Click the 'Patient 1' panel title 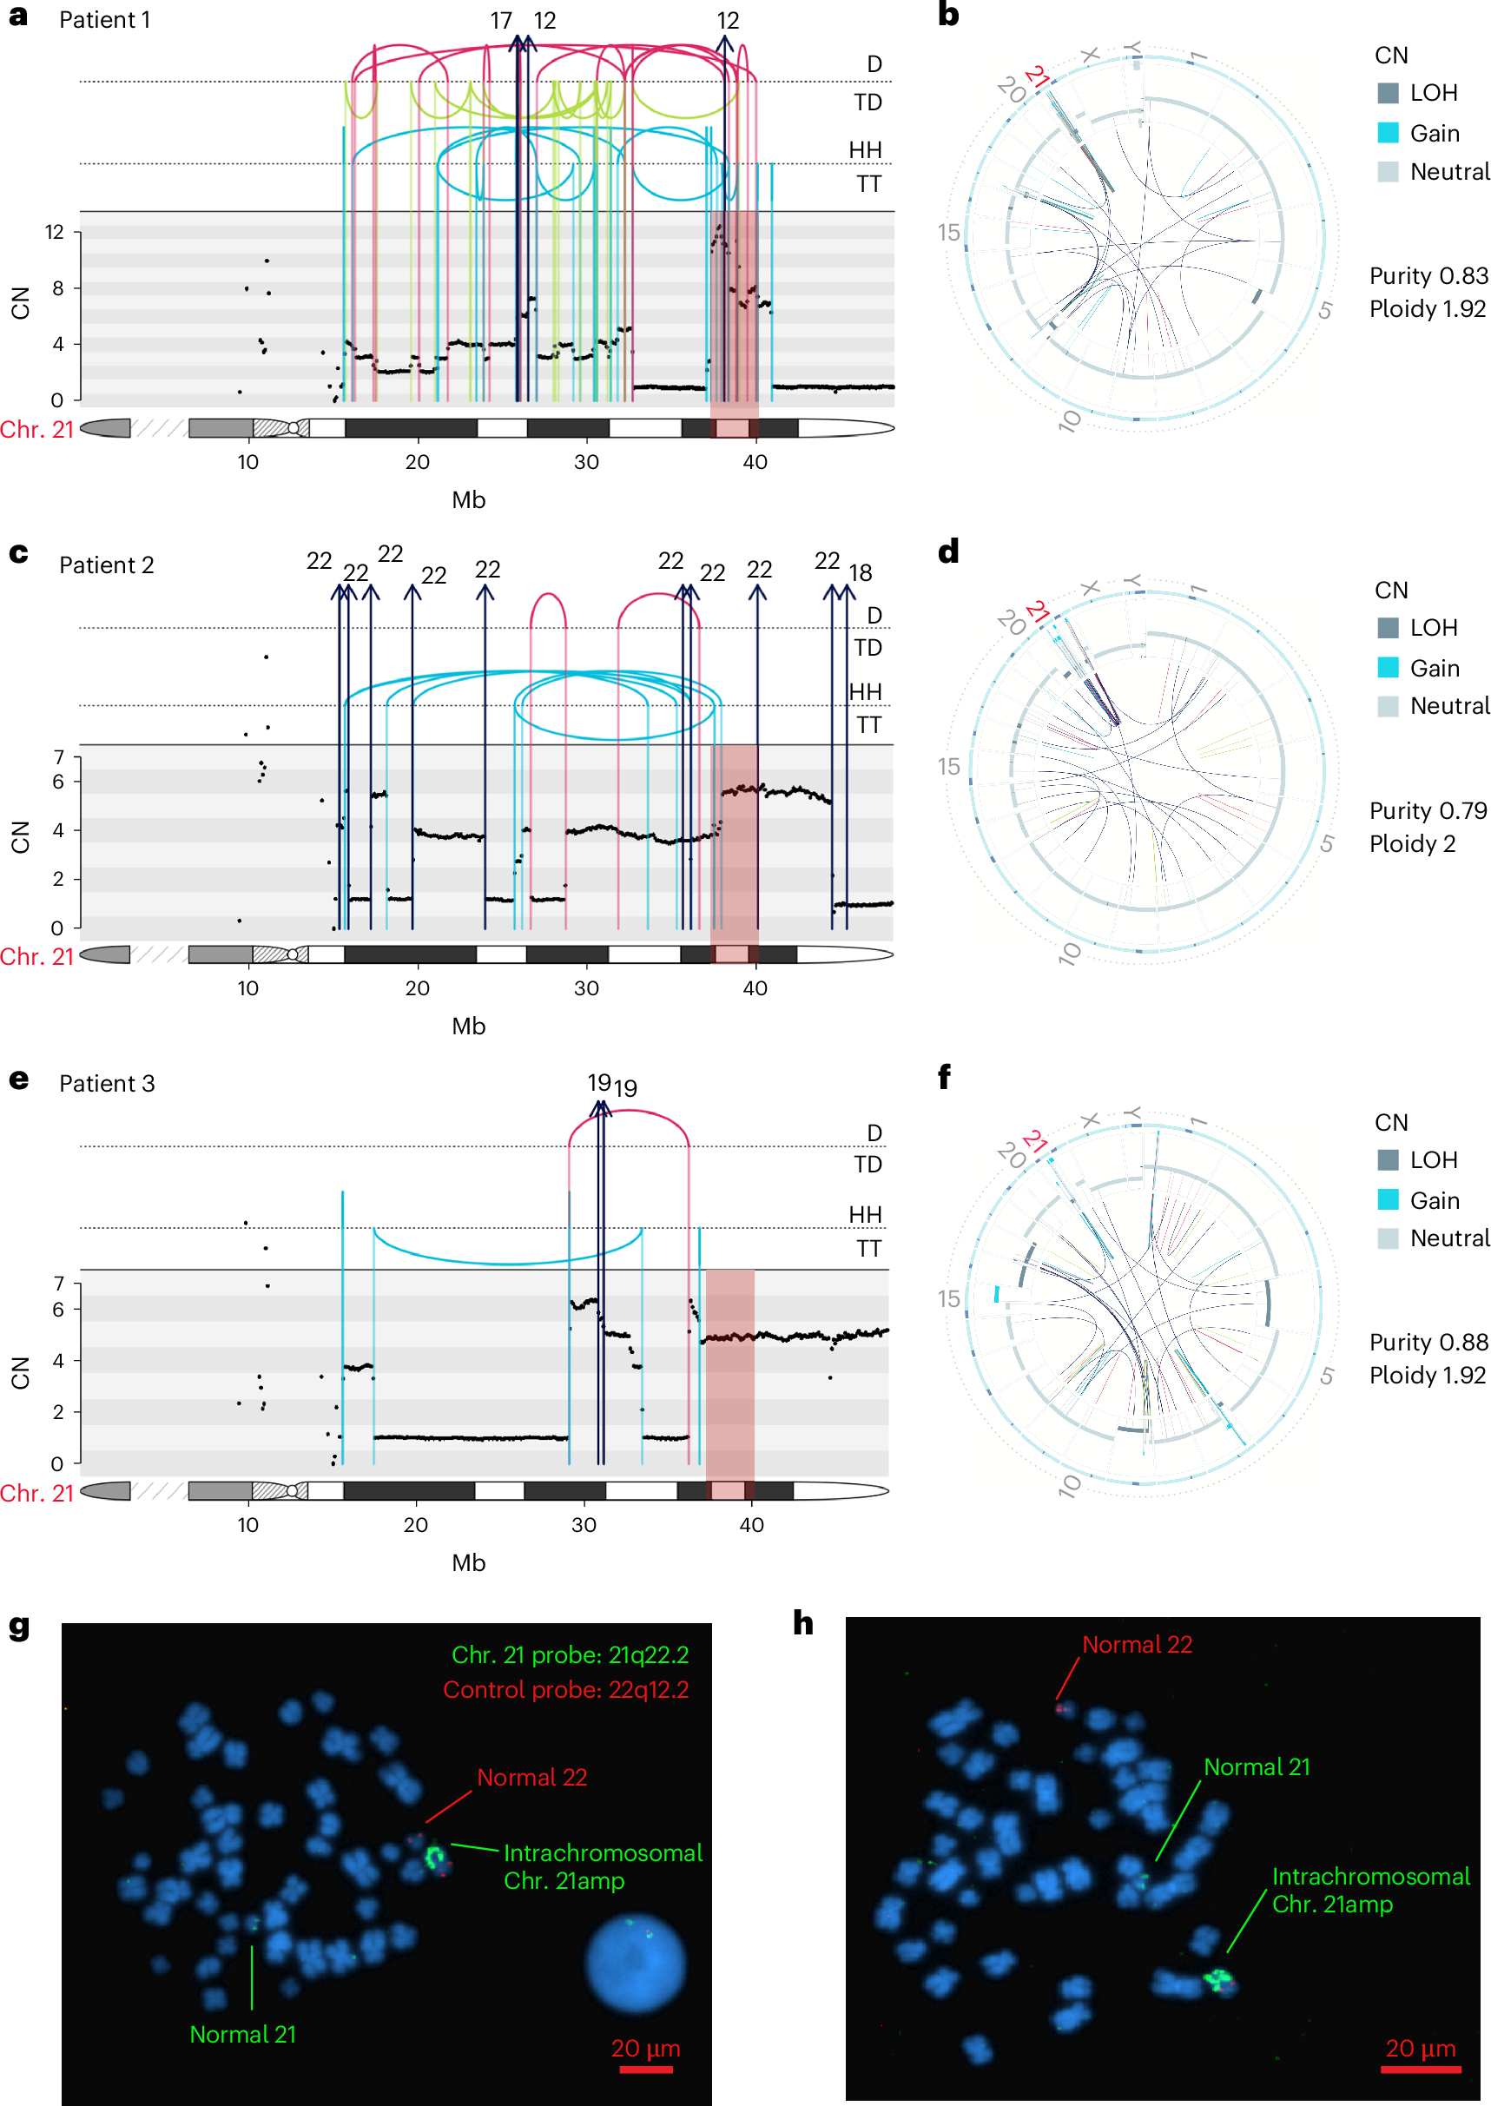(105, 20)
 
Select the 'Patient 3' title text (107, 1083)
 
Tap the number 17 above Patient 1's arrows (500, 20)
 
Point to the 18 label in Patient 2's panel (860, 574)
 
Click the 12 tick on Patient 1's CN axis (56, 232)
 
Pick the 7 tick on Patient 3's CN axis (59, 1284)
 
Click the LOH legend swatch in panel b (1388, 93)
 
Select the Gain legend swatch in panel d (1388, 668)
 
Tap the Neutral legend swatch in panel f (1388, 1238)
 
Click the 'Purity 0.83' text (1428, 275)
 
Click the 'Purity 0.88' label (1428, 1342)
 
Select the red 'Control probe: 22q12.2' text (565, 1689)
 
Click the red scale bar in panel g (645, 2070)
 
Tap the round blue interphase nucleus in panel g (636, 1963)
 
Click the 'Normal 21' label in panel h (1256, 1766)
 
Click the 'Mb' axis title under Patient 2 (468, 1027)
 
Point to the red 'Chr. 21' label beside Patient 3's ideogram (36, 1493)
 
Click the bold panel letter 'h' (803, 1624)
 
